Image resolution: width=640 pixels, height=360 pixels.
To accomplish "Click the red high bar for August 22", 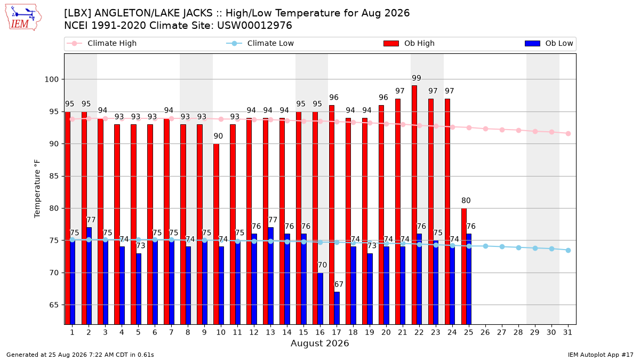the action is coord(414,205).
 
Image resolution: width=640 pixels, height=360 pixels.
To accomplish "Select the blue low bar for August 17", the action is coord(337,308).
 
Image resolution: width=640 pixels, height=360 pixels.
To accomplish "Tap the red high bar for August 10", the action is coord(216,234).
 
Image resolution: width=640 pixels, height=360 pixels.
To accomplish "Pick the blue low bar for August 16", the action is coord(321,299).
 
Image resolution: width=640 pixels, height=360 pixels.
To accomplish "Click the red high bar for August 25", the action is coord(463,266).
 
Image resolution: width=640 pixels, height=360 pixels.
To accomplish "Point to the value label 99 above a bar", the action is coord(417,78).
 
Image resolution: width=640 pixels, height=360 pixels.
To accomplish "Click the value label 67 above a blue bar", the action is coord(339,284).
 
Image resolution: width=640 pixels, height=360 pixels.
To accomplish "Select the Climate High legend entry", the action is coord(101,43).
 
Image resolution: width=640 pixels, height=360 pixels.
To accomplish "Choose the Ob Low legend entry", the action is coord(549,43).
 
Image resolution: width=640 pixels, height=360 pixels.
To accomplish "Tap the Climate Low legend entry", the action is coord(260,43).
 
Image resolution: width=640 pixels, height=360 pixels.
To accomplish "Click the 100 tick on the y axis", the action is coord(51,79).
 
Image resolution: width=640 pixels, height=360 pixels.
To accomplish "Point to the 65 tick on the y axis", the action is coord(54,305).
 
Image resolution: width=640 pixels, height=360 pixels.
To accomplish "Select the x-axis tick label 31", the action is coord(567,332).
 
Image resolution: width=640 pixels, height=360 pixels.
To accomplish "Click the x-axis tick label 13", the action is coord(270,332).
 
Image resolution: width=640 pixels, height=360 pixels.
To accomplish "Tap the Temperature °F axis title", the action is coord(37,189).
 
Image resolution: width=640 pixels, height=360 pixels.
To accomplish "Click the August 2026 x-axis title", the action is coord(319,343).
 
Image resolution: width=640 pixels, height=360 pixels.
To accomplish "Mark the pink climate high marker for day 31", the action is coord(568,133).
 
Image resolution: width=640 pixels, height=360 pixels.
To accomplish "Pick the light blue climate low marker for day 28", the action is coord(518,247).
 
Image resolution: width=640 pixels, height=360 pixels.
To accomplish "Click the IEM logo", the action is coord(23,18).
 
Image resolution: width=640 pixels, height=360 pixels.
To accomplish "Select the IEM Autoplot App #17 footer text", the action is coord(601,355).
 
